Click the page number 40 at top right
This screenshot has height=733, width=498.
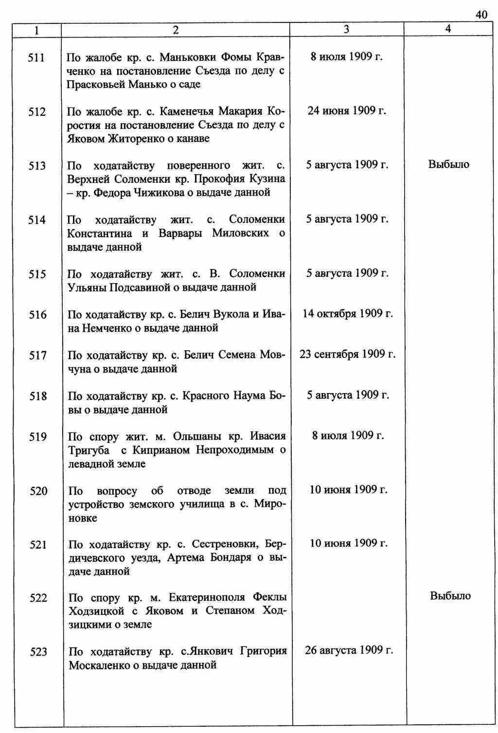(481, 15)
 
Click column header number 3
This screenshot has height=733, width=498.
(346, 29)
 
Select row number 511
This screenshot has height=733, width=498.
(36, 58)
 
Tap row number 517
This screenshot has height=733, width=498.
(37, 356)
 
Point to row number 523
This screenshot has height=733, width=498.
(38, 652)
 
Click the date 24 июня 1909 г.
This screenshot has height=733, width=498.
(347, 111)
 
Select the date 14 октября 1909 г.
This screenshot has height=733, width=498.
(348, 313)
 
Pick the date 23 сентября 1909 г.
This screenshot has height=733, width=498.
(348, 354)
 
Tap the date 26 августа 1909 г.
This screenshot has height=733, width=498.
(349, 650)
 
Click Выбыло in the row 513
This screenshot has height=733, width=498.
(448, 164)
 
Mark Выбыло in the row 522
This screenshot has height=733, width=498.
(450, 596)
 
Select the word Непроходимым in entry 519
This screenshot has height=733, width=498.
(235, 450)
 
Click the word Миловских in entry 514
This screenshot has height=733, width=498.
(240, 233)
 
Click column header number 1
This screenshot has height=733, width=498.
(36, 30)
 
